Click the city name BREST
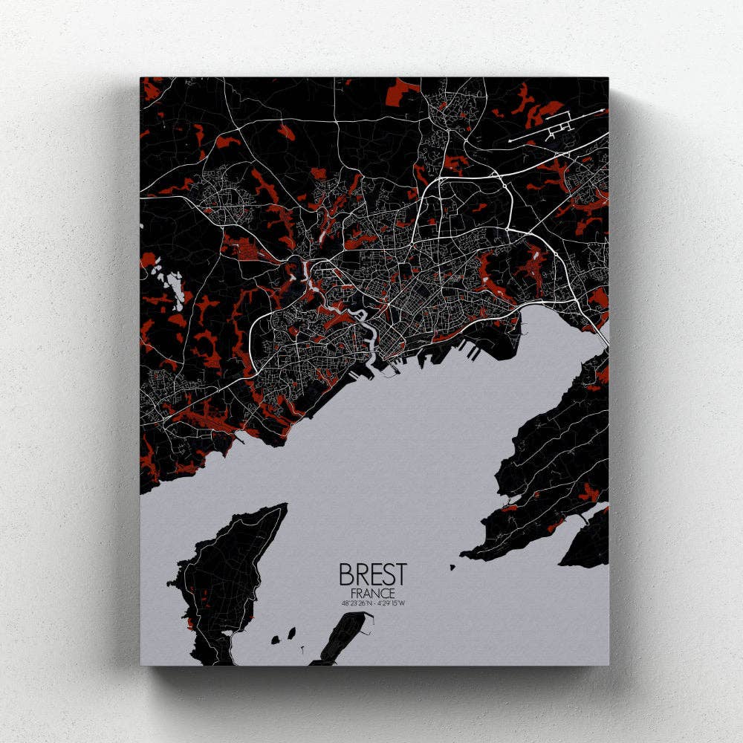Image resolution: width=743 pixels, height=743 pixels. coord(372,574)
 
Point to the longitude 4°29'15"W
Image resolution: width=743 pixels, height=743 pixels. coord(392,603)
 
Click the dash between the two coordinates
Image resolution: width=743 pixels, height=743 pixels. coord(373,603)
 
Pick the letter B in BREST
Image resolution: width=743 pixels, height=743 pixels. coord(345,574)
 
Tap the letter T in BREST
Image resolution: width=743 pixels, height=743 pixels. coord(401,574)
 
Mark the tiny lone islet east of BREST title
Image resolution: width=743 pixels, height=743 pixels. coord(452,568)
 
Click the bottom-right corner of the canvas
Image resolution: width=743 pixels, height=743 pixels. coord(608,663)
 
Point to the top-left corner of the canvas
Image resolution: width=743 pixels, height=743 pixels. coord(141,78)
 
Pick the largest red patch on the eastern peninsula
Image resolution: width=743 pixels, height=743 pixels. coord(591,492)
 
